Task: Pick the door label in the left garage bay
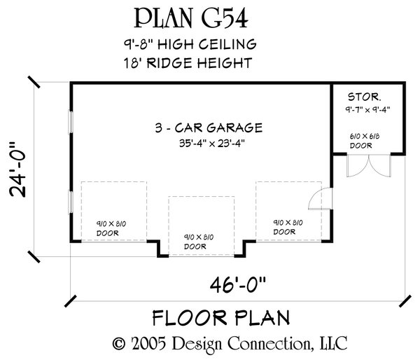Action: (113, 227)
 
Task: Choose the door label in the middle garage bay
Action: (202, 242)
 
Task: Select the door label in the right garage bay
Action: (288, 227)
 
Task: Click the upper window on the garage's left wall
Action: (69, 122)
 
